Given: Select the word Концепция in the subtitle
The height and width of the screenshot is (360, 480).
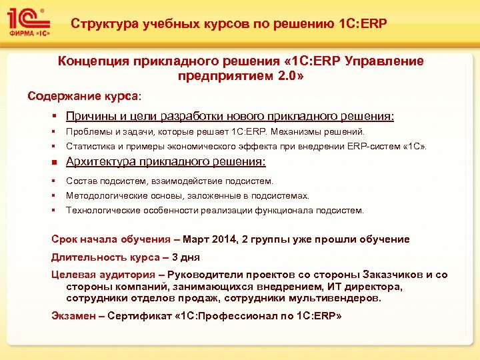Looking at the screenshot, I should (91, 61).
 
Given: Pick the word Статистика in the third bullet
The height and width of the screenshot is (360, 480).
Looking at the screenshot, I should (91, 146).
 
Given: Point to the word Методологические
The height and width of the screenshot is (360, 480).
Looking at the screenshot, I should (107, 195).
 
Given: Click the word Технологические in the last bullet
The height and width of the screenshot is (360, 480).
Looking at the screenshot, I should (103, 210).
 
